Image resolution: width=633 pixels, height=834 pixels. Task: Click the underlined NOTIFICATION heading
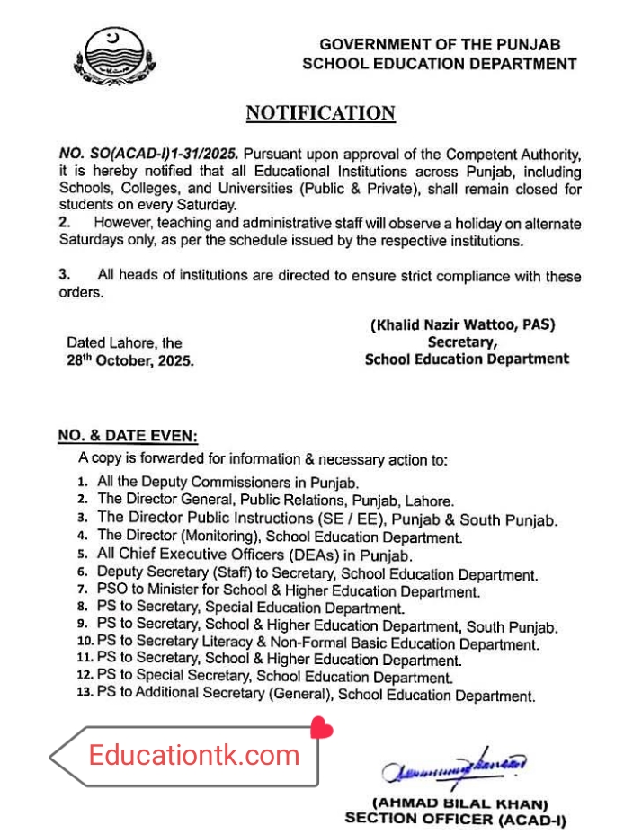pos(320,112)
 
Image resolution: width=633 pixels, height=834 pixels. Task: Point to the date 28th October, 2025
pos(129,359)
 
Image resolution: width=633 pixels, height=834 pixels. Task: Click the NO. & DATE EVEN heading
pos(127,436)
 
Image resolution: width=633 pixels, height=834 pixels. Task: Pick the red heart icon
pos(321,727)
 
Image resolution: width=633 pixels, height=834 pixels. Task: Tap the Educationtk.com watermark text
pos(193,755)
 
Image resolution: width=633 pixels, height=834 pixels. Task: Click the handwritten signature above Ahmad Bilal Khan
pos(454,767)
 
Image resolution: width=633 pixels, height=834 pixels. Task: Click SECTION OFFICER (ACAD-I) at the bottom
pos(456,819)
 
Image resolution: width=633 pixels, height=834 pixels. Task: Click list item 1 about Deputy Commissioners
pos(228,482)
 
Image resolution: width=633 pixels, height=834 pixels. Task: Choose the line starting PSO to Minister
pos(288,591)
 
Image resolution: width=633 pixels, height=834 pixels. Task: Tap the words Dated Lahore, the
pos(124,342)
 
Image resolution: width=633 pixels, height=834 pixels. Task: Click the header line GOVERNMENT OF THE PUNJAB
pos(440,45)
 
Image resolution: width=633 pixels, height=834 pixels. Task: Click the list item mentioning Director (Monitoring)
pos(280,537)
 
